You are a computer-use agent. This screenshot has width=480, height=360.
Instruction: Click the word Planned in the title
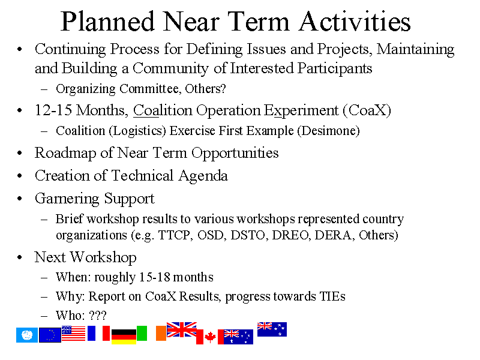[107, 22]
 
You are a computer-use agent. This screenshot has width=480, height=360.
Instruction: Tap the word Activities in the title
[355, 22]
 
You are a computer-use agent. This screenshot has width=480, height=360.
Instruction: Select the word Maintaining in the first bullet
[415, 50]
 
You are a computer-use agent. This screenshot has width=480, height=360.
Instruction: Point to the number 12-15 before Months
[53, 110]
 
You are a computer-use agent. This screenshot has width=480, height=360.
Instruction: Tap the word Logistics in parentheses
[137, 131]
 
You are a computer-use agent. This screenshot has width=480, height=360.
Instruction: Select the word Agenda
[203, 176]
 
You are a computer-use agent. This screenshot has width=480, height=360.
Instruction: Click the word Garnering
[67, 199]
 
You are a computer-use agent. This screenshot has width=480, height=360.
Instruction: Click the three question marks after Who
[98, 316]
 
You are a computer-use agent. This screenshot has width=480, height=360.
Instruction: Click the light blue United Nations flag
[27, 335]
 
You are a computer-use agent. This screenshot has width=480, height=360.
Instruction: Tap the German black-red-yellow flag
[124, 337]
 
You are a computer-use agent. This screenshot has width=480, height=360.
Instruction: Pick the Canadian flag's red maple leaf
[210, 337]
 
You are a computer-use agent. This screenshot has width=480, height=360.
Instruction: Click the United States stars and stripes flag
[73, 334]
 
